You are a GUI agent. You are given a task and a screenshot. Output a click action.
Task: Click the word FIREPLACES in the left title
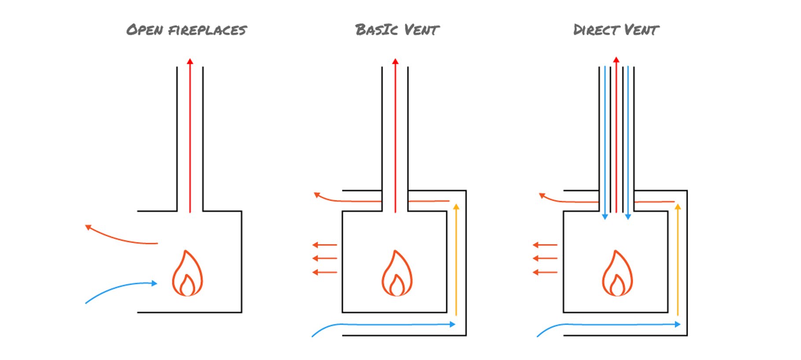(207, 30)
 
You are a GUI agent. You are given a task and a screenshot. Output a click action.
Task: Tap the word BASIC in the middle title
(377, 30)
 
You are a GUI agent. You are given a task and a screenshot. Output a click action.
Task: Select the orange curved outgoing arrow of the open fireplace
(119, 238)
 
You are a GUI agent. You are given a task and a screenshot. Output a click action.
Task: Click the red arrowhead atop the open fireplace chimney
(190, 62)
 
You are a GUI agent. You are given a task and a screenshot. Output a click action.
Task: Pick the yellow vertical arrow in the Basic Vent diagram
(456, 260)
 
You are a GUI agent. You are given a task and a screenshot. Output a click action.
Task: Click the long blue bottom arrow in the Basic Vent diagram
(387, 325)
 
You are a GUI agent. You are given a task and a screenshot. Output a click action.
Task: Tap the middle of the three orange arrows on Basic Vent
(325, 258)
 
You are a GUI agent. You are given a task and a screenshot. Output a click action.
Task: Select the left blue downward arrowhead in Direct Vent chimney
(605, 216)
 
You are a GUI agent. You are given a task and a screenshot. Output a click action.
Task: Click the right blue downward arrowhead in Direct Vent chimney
(628, 216)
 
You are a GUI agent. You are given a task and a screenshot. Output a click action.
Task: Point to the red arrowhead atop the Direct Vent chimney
(616, 60)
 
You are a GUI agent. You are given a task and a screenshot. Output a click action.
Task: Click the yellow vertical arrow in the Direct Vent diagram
(678, 260)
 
